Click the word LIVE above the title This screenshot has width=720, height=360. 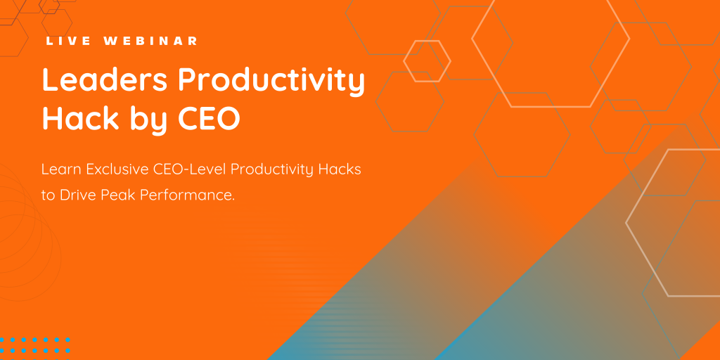(67, 41)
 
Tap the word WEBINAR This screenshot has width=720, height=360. (150, 41)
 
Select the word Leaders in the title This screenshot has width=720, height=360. (103, 81)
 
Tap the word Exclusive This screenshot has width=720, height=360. (124, 169)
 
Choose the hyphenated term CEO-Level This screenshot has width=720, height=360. (199, 169)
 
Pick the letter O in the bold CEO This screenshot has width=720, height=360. (228, 118)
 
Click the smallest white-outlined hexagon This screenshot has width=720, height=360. (427, 60)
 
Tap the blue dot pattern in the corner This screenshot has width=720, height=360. (35, 345)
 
